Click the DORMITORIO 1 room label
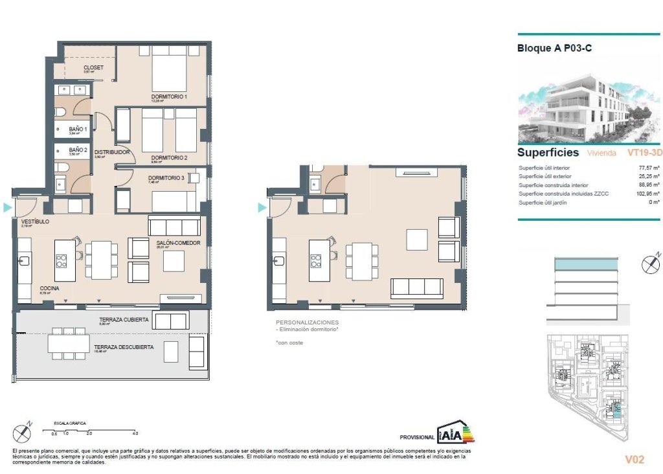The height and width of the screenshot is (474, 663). pyautogui.click(x=169, y=97)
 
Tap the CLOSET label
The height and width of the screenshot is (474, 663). pyautogui.click(x=93, y=67)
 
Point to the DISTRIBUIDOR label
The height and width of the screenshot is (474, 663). pyautogui.click(x=112, y=153)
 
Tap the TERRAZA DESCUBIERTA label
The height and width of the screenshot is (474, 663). pyautogui.click(x=124, y=347)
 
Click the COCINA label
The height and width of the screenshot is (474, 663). pyautogui.click(x=50, y=288)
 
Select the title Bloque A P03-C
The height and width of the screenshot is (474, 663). pyautogui.click(x=555, y=48)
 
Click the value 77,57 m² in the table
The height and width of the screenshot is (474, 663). pyautogui.click(x=649, y=168)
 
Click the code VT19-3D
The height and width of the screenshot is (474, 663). pyautogui.click(x=644, y=153)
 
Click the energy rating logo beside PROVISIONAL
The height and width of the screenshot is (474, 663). pyautogui.click(x=456, y=432)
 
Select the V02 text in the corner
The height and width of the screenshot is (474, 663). pyautogui.click(x=635, y=460)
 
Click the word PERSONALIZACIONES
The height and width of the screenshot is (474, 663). pyautogui.click(x=307, y=322)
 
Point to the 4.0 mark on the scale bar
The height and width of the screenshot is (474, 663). pyautogui.click(x=135, y=433)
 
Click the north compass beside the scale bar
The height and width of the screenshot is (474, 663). pyautogui.click(x=23, y=432)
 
